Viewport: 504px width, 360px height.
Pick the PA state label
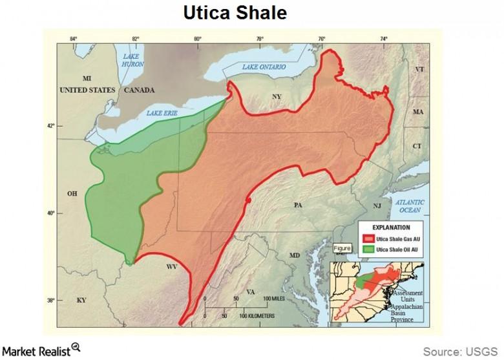[298, 206]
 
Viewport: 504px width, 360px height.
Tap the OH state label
[72, 193]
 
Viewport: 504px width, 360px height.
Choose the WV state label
[172, 266]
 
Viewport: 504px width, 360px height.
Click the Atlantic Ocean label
[410, 206]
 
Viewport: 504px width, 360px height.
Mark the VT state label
[419, 69]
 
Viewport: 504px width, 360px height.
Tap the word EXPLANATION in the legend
[391, 228]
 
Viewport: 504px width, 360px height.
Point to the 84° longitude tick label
[73, 38]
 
